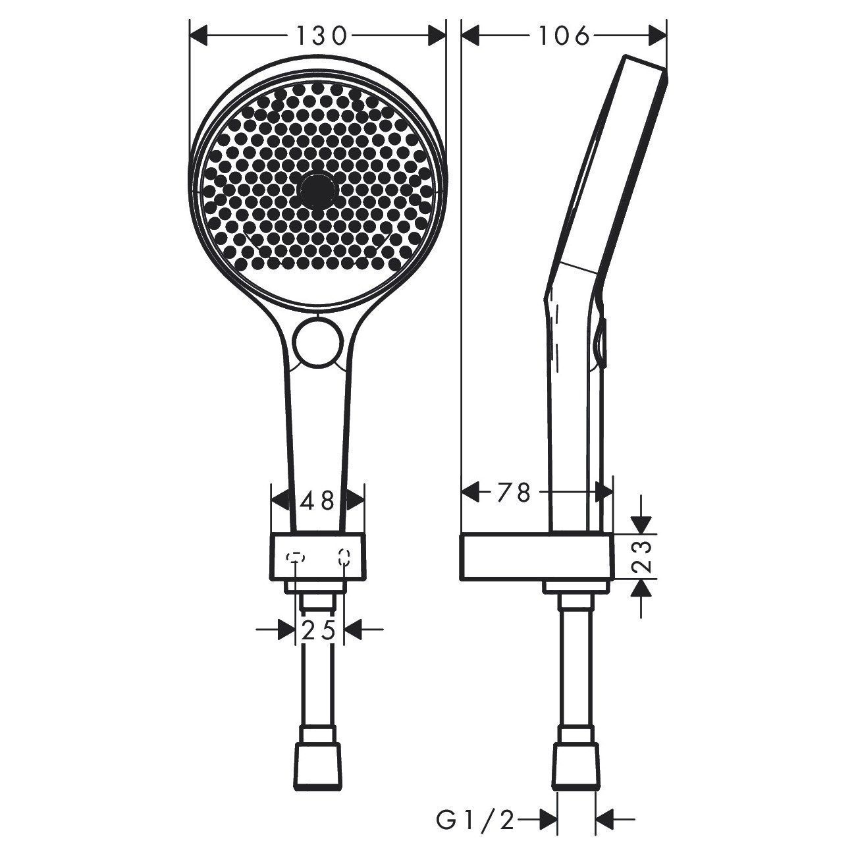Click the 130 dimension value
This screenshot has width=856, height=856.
point(321,36)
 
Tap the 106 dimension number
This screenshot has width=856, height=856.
point(564,36)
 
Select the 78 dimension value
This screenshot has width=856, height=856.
point(514,493)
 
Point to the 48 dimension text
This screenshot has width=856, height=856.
point(317,501)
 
